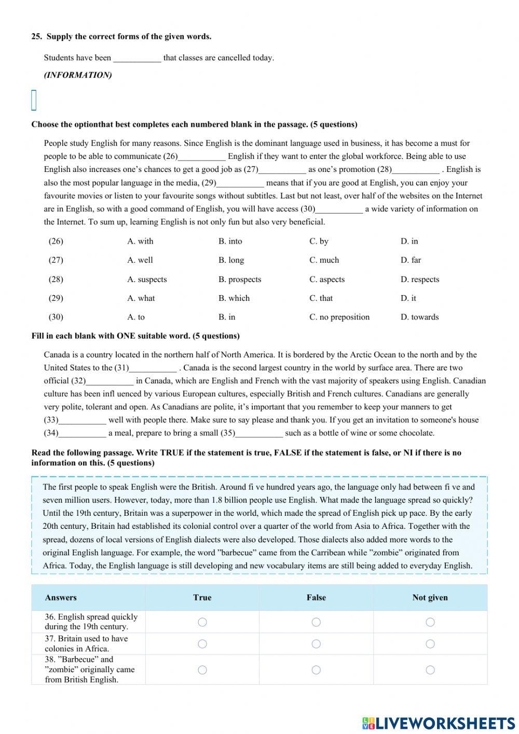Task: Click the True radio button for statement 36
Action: pyautogui.click(x=202, y=622)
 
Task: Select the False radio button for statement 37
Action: pyautogui.click(x=316, y=644)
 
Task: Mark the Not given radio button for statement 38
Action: pyautogui.click(x=430, y=670)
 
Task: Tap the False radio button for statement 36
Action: pyautogui.click(x=316, y=622)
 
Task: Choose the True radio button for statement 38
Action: pyautogui.click(x=202, y=670)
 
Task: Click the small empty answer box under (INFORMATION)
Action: pyautogui.click(x=34, y=100)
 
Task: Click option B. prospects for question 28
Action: pyautogui.click(x=239, y=279)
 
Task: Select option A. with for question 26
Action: pyautogui.click(x=140, y=241)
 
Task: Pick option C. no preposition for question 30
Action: pyautogui.click(x=339, y=317)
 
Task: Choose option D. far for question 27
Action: pyautogui.click(x=411, y=260)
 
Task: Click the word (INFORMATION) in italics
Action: pyautogui.click(x=78, y=75)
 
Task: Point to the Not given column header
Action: pyautogui.click(x=430, y=597)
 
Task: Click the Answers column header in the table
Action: pyautogui.click(x=61, y=597)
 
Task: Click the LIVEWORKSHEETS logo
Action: pyautogui.click(x=439, y=723)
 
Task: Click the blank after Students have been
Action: pyautogui.click(x=137, y=58)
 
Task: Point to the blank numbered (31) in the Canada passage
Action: pyautogui.click(x=153, y=368)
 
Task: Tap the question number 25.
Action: pyautogui.click(x=36, y=36)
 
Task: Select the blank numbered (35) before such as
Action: pyautogui.click(x=259, y=433)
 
